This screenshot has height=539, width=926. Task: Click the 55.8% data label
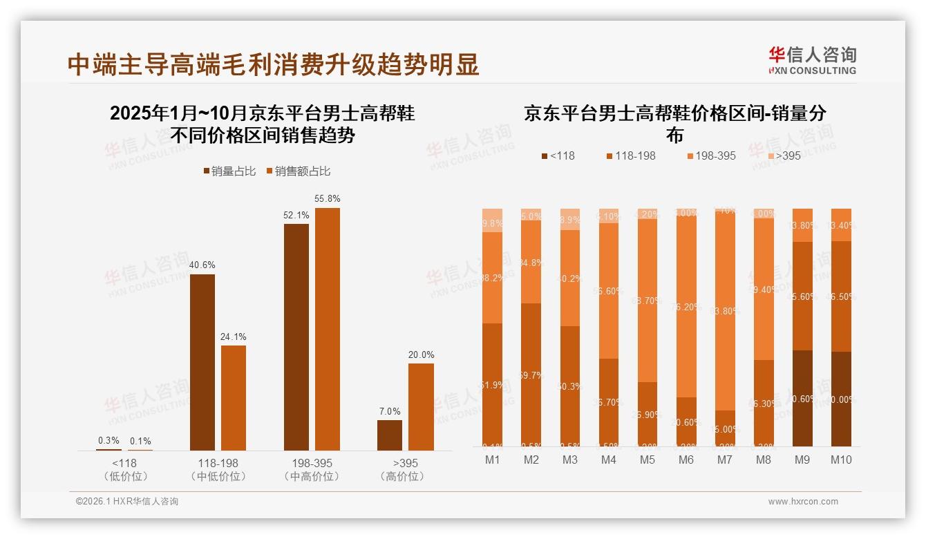tap(328, 199)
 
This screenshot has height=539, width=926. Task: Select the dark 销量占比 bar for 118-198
tap(202, 362)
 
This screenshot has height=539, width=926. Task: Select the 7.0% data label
tap(390, 411)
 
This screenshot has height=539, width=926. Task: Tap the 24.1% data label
tap(234, 337)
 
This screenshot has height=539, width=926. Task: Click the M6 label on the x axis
tap(686, 460)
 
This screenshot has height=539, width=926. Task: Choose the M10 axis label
tap(841, 460)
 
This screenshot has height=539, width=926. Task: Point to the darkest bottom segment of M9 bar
tap(802, 398)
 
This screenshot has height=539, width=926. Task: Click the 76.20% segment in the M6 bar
tap(686, 307)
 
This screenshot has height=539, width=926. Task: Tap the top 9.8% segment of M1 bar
tap(493, 220)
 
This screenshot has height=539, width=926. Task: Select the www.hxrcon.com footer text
tap(803, 502)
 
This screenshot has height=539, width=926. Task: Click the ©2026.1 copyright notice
tap(127, 502)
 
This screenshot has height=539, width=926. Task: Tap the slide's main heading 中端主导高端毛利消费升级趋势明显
tap(273, 65)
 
